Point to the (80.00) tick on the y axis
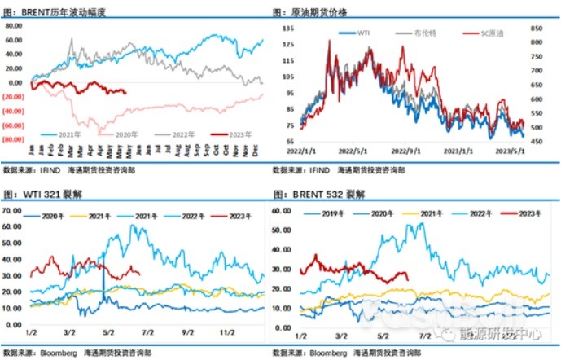pyautogui.click(x=14, y=140)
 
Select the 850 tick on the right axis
pyautogui.click(x=536, y=27)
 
